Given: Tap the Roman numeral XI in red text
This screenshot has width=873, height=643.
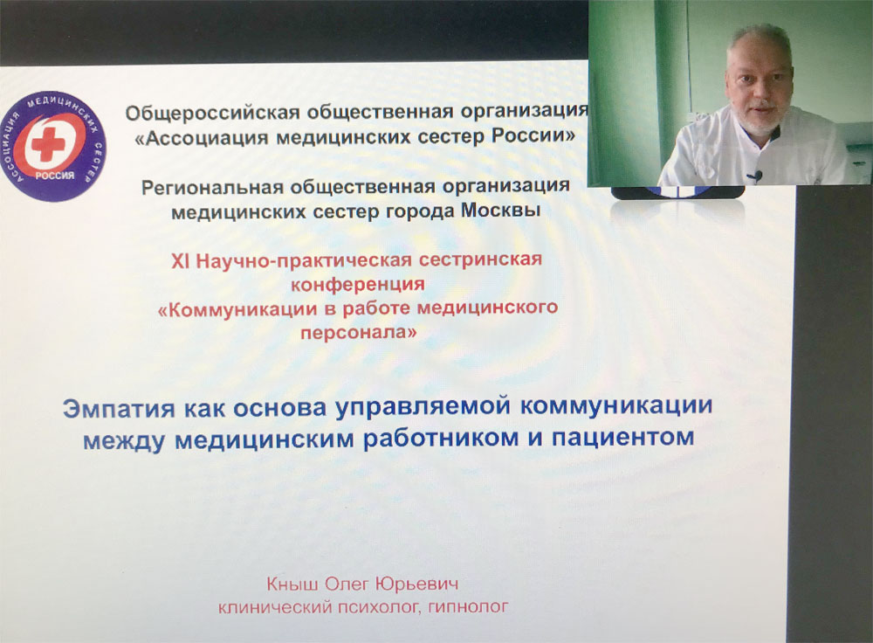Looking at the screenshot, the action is click(180, 260).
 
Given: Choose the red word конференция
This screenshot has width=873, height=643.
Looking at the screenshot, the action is click(358, 284).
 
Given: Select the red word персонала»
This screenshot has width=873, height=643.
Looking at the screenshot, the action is click(359, 333).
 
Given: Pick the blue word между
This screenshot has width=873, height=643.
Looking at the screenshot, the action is click(124, 439).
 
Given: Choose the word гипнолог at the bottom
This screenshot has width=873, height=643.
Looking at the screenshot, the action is click(468, 606).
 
